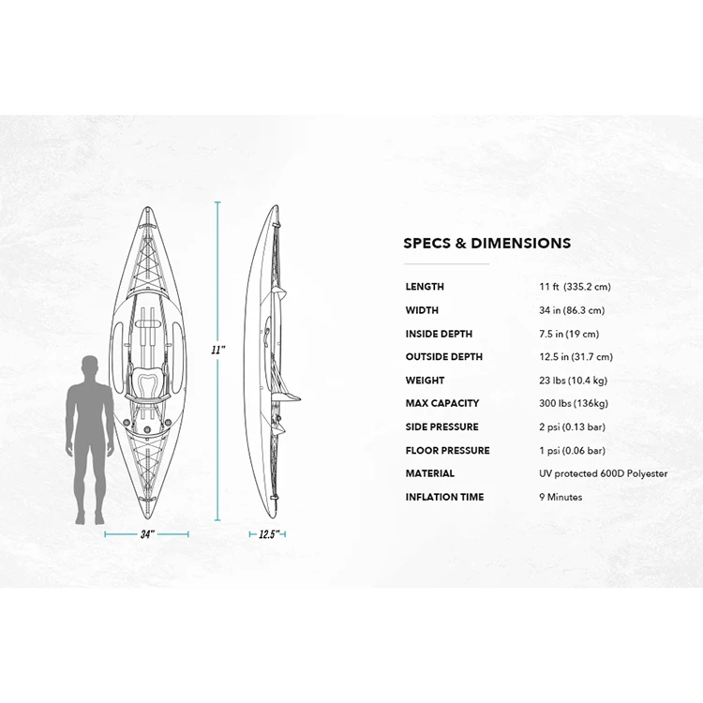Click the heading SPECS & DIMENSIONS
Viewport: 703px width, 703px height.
pos(486,243)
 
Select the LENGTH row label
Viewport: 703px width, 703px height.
pos(425,287)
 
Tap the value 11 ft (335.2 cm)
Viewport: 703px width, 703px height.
pos(575,287)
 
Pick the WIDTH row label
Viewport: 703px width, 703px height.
pos(422,310)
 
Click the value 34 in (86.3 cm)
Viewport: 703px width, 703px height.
pos(572,310)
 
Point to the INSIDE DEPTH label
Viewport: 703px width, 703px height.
pos(439,334)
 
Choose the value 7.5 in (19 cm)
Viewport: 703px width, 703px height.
pos(569,334)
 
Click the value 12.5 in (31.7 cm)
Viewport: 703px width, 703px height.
pos(576,357)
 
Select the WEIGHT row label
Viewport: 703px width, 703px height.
pos(425,381)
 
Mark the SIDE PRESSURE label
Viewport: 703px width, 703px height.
pos(441,426)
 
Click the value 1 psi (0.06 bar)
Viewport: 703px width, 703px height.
pos(573,450)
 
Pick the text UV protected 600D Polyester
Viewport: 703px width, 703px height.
pos(604,473)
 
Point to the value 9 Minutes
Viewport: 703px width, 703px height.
pos(561,497)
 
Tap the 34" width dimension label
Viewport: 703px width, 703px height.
pos(146,534)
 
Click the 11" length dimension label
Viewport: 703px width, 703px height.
pos(218,349)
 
